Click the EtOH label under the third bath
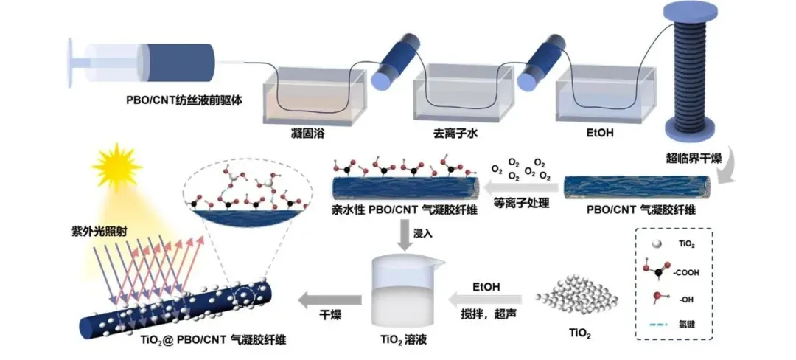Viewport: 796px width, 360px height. pos(598,135)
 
